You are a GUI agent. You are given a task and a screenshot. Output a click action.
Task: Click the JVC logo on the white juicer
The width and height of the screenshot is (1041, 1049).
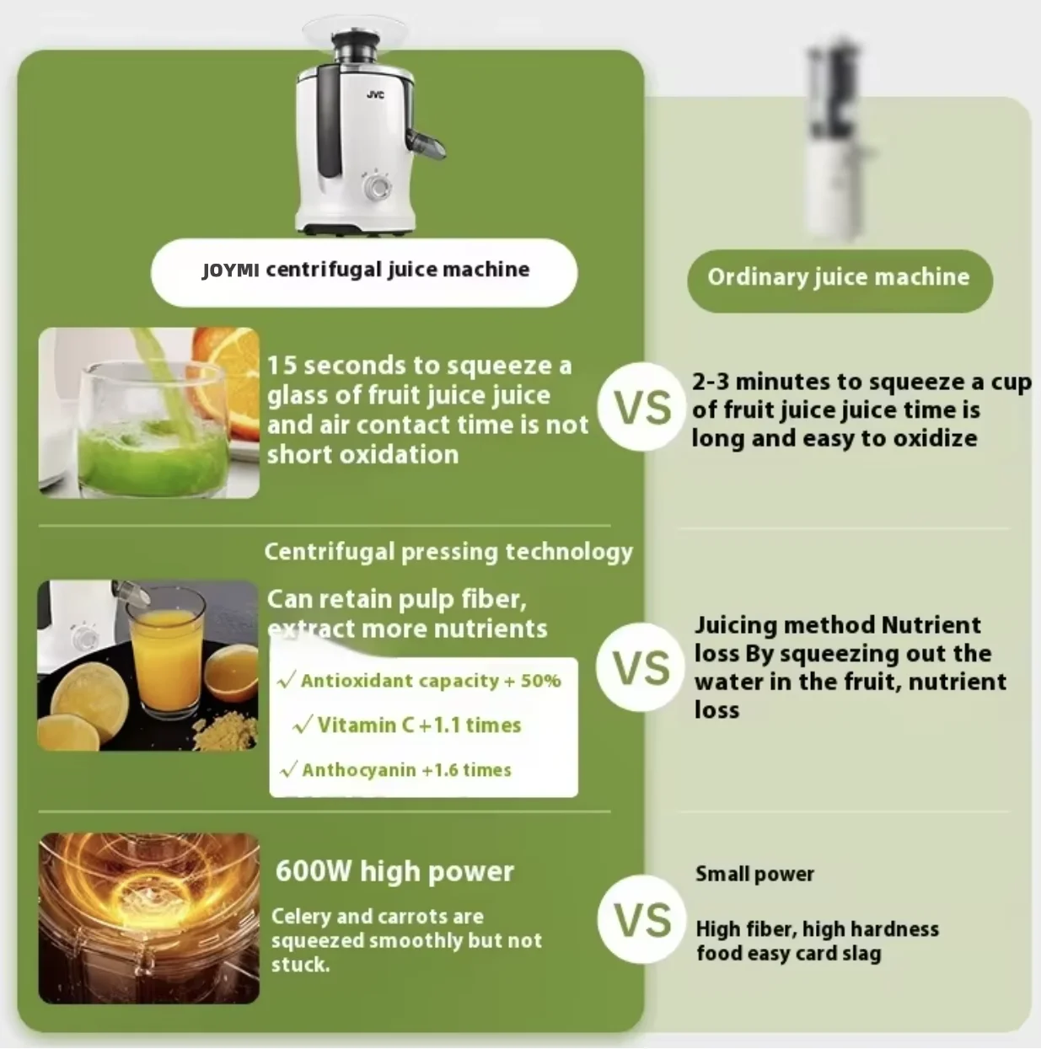point(375,95)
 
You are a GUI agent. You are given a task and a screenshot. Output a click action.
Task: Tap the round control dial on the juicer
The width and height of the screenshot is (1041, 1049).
point(378,186)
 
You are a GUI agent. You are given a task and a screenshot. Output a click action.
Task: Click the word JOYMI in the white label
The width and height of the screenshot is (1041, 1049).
point(230,270)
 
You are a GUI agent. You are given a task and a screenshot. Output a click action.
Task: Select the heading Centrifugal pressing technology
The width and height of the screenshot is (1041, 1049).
point(448,551)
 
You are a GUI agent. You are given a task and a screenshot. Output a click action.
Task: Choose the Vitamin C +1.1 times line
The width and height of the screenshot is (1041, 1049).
point(406,725)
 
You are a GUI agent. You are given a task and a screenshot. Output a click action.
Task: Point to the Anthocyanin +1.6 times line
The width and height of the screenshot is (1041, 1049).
point(395,770)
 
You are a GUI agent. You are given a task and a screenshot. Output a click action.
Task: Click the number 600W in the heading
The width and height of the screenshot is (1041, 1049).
point(313,871)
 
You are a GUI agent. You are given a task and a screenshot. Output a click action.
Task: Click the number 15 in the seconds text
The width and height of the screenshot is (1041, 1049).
point(282,366)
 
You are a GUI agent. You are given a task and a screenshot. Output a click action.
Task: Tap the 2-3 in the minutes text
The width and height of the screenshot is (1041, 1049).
point(711,382)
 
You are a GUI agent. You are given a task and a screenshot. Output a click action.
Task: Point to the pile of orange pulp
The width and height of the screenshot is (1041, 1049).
point(225,730)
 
